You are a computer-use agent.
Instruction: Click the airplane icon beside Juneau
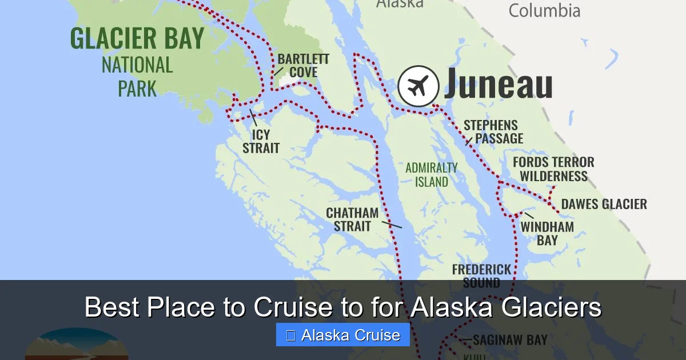418,86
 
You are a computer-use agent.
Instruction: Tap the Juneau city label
498,85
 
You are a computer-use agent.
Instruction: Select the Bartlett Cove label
303,66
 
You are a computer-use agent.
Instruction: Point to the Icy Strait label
261,142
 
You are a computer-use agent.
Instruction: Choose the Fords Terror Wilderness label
553,169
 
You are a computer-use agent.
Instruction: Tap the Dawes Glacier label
604,204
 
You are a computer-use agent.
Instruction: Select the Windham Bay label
547,233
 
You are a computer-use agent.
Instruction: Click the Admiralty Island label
432,175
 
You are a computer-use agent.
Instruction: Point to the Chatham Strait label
352,219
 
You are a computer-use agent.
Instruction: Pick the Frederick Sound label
481,275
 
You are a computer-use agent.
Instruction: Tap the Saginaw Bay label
510,340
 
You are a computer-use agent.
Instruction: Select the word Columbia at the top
544,10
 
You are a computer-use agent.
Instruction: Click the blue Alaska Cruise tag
343,335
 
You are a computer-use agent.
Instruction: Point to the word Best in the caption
112,307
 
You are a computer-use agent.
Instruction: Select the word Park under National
137,89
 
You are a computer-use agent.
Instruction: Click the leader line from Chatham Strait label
392,225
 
